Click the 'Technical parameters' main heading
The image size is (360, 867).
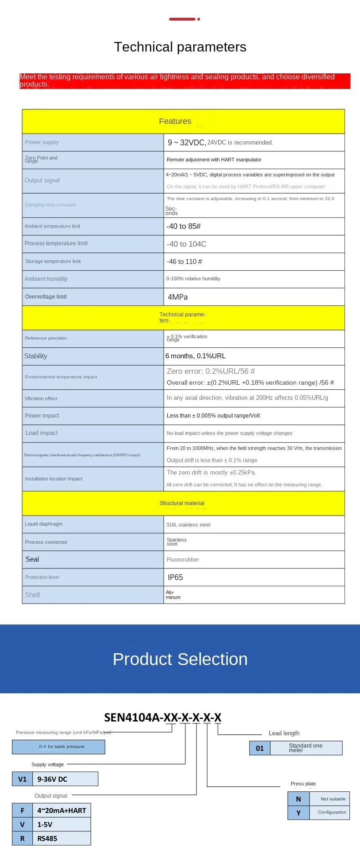[180, 47]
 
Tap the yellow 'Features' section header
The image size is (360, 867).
[175, 121]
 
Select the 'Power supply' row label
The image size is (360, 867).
[42, 142]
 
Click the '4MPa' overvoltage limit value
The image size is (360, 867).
[178, 297]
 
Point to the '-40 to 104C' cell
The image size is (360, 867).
[186, 244]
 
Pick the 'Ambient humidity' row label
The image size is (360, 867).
[46, 279]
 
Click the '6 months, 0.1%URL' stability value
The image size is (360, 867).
[195, 356]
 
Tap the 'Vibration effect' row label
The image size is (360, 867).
[41, 398]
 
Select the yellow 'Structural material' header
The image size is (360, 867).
[182, 503]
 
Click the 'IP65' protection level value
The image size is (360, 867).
[175, 578]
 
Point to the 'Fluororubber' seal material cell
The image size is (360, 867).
[183, 560]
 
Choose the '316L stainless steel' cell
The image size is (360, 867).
[188, 525]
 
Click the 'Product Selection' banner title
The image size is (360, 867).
[180, 659]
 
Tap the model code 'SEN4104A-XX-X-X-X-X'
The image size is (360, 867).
[163, 717]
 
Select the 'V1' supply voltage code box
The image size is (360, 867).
[22, 779]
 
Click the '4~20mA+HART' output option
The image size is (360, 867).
[62, 810]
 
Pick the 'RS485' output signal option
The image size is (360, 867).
[47, 839]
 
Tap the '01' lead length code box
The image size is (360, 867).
[260, 748]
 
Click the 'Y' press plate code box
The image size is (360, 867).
[298, 813]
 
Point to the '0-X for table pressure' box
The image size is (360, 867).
[62, 747]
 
